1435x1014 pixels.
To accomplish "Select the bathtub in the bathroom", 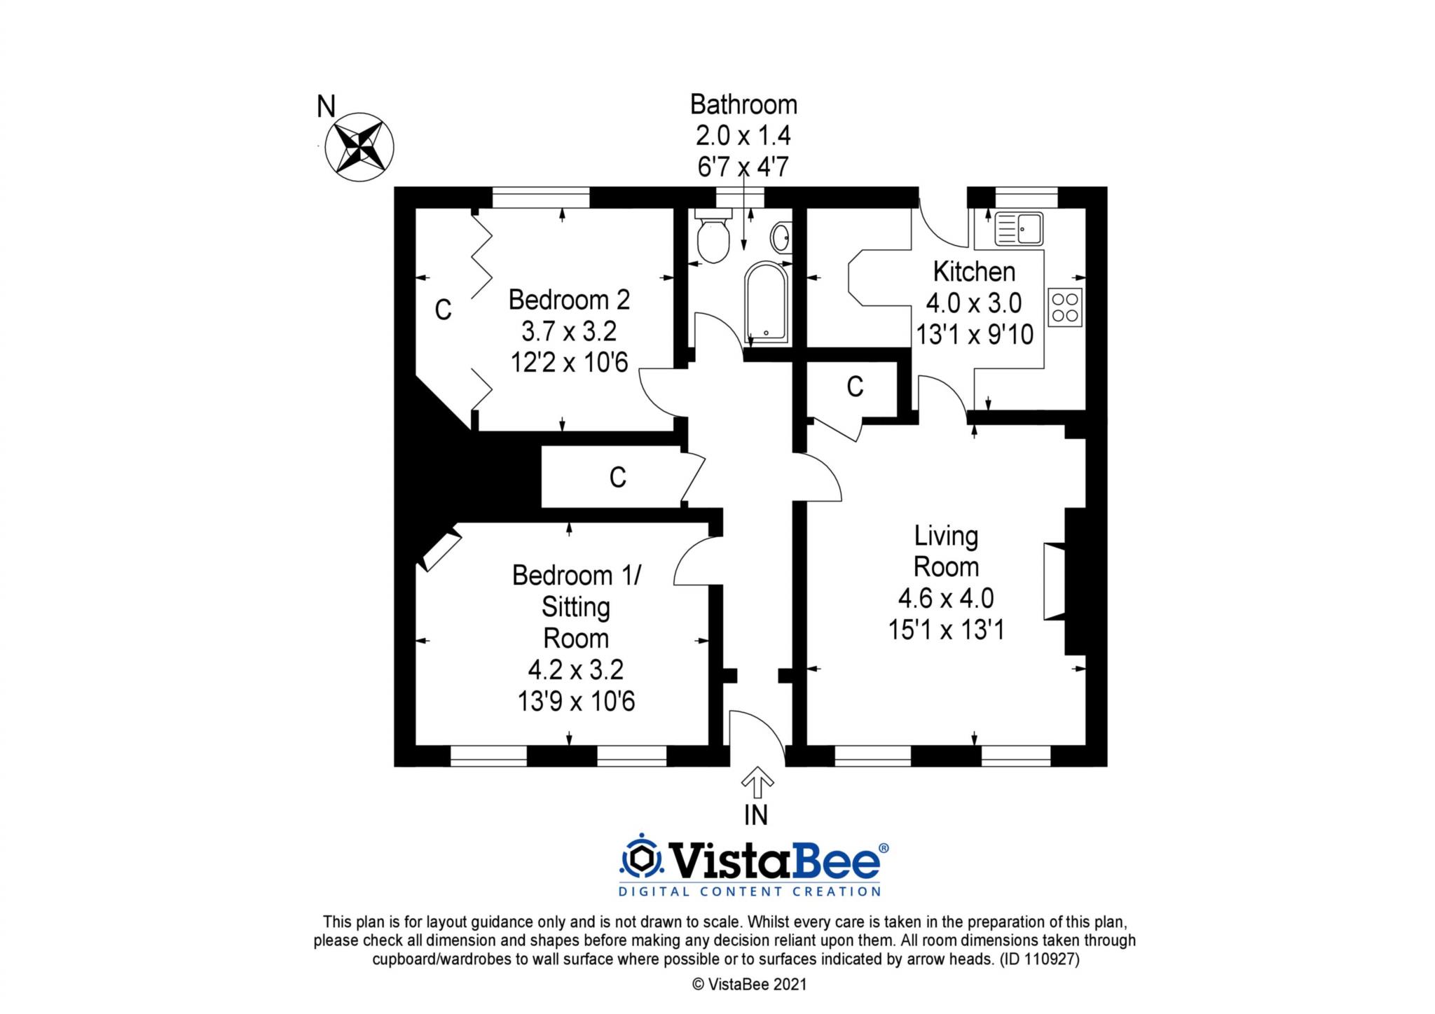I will point(766,303).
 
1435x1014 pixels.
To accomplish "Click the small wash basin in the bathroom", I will point(781,237).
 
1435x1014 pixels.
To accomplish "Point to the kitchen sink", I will point(1018,228).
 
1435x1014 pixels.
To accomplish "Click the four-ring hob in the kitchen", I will point(1065,307).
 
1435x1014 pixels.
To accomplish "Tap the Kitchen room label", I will point(974,272).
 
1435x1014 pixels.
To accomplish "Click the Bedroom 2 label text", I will point(569,300).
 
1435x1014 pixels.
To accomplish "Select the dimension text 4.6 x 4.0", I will point(946,599).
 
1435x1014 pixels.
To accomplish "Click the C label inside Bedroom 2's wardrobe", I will point(443,310).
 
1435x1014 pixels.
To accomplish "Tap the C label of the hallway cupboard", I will point(617,478).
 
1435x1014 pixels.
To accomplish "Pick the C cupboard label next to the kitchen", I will point(855,387).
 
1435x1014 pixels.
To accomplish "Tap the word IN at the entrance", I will point(756,815).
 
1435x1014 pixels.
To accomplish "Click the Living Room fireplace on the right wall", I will point(1054,581).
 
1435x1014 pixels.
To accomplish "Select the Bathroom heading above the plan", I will point(743,104).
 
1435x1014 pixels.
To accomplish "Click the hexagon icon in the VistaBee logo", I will point(640,859).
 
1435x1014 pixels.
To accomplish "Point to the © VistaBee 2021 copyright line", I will point(749,985).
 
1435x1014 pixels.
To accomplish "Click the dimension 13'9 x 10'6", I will point(576,701).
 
